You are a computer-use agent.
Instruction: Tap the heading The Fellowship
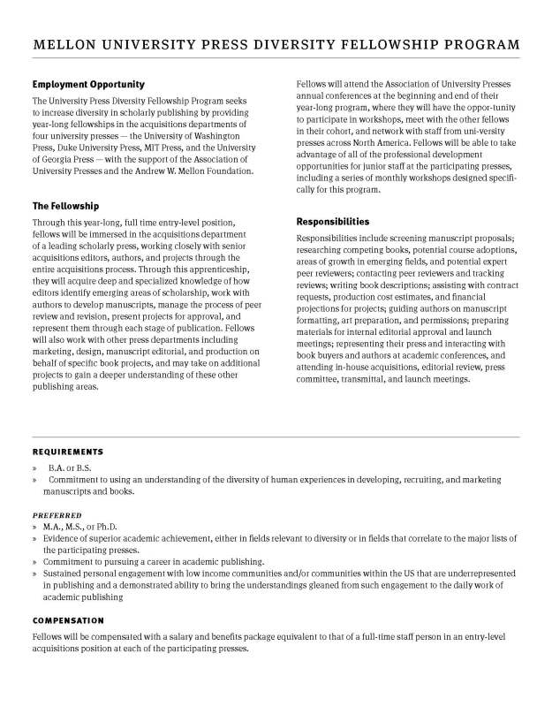pyautogui.click(x=66, y=206)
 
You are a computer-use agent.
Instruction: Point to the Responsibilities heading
pyautogui.click(x=333, y=222)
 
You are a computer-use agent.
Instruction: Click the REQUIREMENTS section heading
pyautogui.click(x=68, y=452)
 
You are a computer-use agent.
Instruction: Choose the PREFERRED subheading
pyautogui.click(x=57, y=513)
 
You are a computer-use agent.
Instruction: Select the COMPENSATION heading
pyautogui.click(x=69, y=620)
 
